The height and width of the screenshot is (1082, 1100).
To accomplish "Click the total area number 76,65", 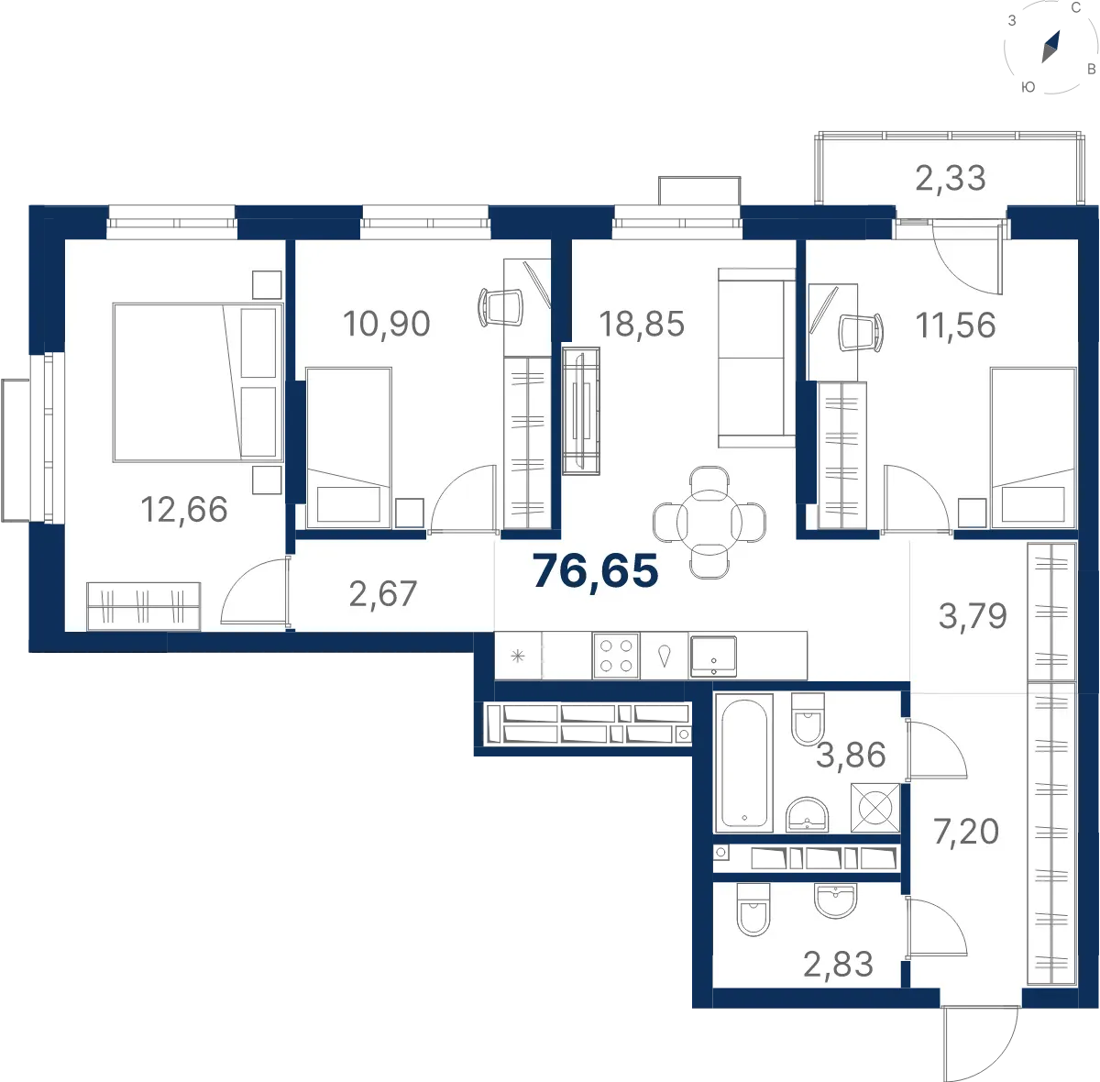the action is [x=596, y=570].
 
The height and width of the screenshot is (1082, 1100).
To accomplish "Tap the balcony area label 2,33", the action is [x=951, y=178].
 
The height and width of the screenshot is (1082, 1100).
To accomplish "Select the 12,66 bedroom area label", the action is [x=184, y=509].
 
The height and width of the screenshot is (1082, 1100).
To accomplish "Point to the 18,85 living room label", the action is [x=642, y=324].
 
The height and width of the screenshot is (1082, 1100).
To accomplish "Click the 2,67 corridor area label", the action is [x=382, y=594].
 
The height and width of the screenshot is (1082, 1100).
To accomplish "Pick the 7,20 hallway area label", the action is [x=966, y=832].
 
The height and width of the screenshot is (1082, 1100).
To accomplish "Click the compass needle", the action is [x=1050, y=47].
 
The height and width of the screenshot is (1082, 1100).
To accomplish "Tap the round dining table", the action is [x=709, y=522].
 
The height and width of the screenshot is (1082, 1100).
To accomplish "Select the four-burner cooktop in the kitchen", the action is [x=616, y=656].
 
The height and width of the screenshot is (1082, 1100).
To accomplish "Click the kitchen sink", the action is [x=713, y=657].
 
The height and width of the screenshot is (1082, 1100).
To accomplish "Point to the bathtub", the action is [x=743, y=763].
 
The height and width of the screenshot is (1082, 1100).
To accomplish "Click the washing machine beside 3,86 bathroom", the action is [x=875, y=808].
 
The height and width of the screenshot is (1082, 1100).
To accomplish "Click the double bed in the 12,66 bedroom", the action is [x=198, y=382].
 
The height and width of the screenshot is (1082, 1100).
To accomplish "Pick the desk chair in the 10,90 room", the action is [x=500, y=307].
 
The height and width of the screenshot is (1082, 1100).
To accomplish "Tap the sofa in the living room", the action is [x=756, y=358].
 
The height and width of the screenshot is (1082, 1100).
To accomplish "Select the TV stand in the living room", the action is [x=580, y=411].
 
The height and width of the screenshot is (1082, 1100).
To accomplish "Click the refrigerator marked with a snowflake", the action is [x=518, y=656].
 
